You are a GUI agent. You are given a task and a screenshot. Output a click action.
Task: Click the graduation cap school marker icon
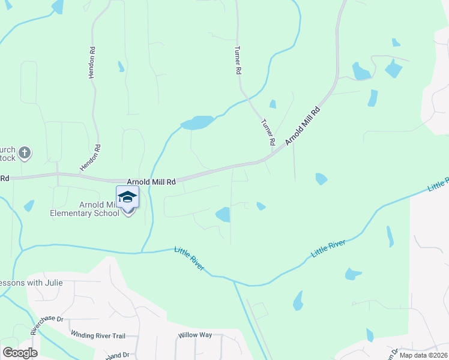[127, 197]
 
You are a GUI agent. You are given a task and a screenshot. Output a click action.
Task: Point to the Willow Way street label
[195, 335]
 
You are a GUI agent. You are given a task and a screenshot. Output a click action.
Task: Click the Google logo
[20, 353]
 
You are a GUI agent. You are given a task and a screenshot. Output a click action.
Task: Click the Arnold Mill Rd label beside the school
[151, 181]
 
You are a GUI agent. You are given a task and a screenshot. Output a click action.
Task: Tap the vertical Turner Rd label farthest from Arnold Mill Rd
[238, 60]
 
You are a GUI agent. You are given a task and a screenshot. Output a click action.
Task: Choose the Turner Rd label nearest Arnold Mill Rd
[268, 133]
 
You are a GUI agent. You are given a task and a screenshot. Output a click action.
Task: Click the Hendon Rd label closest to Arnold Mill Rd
[90, 158]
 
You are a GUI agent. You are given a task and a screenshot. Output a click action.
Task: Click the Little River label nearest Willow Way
[190, 258]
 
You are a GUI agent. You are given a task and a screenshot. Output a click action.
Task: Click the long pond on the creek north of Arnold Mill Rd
[197, 123]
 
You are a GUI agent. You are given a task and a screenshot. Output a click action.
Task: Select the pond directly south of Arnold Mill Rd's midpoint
[223, 214]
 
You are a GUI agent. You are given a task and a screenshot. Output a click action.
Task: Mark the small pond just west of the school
[29, 206]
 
